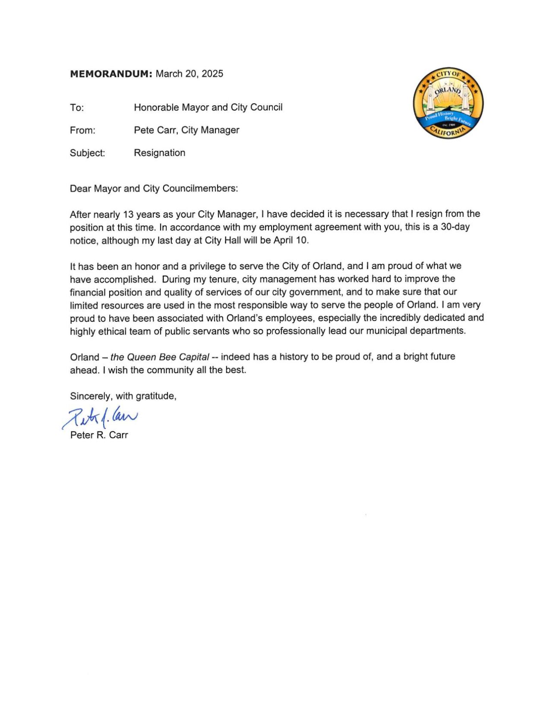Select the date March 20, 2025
189,74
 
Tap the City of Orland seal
448,104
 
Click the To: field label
77,108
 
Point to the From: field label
82,130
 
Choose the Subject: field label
87,153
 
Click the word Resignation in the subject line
159,153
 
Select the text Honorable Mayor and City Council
208,108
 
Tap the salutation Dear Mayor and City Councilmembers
154,189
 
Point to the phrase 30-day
454,227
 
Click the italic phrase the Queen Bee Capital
160,357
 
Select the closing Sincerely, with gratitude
123,396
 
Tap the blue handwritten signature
100,417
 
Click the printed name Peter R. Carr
99,435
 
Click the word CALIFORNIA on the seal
449,131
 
